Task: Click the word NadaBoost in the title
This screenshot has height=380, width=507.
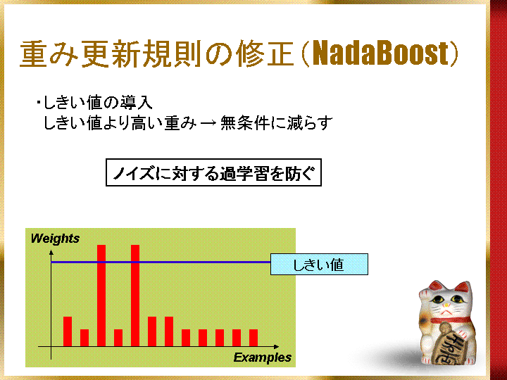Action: [x=380, y=53]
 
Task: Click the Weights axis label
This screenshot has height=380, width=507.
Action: [x=55, y=239]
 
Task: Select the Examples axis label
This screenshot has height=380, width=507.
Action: [x=262, y=357]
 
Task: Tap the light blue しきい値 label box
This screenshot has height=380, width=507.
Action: [x=319, y=265]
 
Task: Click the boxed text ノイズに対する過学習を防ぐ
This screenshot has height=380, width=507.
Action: [x=214, y=172]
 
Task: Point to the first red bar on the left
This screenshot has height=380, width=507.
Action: [x=68, y=331]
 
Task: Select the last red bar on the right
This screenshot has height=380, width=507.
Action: [x=254, y=338]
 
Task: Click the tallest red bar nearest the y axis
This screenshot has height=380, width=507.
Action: [x=101, y=296]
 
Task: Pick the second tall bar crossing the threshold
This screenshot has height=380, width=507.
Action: [x=135, y=296]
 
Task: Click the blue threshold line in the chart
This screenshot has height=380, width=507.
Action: [x=161, y=262]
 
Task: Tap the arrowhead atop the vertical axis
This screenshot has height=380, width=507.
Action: [x=51, y=252]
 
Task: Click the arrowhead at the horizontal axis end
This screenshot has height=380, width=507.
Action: [x=276, y=347]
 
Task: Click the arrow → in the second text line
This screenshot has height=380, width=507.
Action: [x=208, y=123]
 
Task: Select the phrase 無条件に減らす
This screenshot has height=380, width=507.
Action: [x=277, y=122]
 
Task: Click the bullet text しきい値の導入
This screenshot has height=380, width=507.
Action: [x=98, y=103]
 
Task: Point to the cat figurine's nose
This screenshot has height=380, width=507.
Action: [x=446, y=305]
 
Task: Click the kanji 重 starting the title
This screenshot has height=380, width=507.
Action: [x=34, y=54]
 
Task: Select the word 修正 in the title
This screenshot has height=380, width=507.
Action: [x=265, y=54]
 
